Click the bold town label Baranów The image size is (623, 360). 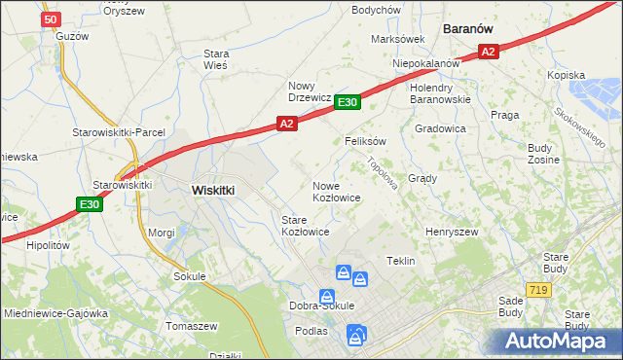[x=472, y=29]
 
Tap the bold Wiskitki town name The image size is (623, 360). [x=213, y=191]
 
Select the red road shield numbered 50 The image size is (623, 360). [x=52, y=18]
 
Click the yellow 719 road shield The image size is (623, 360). [x=535, y=289]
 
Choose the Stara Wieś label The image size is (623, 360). [x=215, y=59]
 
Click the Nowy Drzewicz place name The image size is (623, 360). [x=311, y=91]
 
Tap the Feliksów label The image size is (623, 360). [x=366, y=141]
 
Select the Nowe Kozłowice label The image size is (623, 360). [x=337, y=192]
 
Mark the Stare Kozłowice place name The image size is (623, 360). [x=305, y=227]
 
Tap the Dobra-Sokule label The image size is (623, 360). [x=321, y=306]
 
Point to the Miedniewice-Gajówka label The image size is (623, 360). [x=55, y=313]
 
